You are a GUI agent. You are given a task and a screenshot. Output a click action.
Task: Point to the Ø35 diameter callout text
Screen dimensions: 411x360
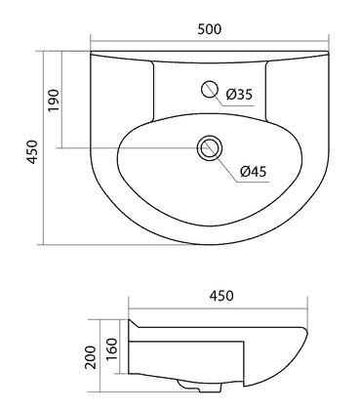[x=239, y=95]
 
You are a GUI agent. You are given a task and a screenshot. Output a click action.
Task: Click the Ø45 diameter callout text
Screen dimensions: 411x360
[x=254, y=174]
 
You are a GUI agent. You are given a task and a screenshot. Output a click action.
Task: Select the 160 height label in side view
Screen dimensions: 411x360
[x=112, y=349]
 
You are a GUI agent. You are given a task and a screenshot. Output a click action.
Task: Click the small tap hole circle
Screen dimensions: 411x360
[x=209, y=90]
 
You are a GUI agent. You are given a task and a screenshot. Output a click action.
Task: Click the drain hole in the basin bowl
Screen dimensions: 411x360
[x=206, y=149]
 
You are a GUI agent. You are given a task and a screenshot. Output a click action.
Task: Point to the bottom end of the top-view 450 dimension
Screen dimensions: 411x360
[x=45, y=244]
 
